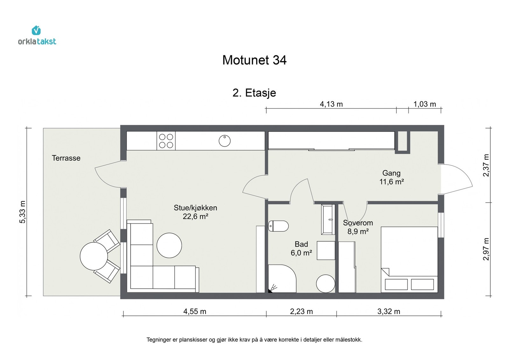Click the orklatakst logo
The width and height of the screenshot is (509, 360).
(37, 36)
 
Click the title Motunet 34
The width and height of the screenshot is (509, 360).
(254, 60)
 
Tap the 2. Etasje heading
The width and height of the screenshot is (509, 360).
(254, 93)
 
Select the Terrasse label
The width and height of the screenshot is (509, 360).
(66, 158)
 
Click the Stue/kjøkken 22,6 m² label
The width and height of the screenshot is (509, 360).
(195, 212)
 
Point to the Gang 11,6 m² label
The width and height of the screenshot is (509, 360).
(391, 177)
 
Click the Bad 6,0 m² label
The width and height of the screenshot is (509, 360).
(301, 248)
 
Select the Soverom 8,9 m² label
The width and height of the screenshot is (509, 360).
(358, 227)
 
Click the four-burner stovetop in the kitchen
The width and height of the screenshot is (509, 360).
(166, 141)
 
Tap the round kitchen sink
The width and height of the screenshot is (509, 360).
(225, 141)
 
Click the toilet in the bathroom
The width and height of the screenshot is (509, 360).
(278, 226)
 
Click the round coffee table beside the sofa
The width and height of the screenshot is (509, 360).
(169, 246)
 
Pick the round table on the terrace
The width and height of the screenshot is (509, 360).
(94, 256)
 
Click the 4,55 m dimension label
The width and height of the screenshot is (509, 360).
(195, 311)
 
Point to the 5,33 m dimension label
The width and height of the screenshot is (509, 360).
(22, 212)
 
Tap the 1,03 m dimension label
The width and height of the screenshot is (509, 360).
(424, 104)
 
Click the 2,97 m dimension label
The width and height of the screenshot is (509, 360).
(486, 249)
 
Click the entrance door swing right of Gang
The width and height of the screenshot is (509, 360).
(457, 179)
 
